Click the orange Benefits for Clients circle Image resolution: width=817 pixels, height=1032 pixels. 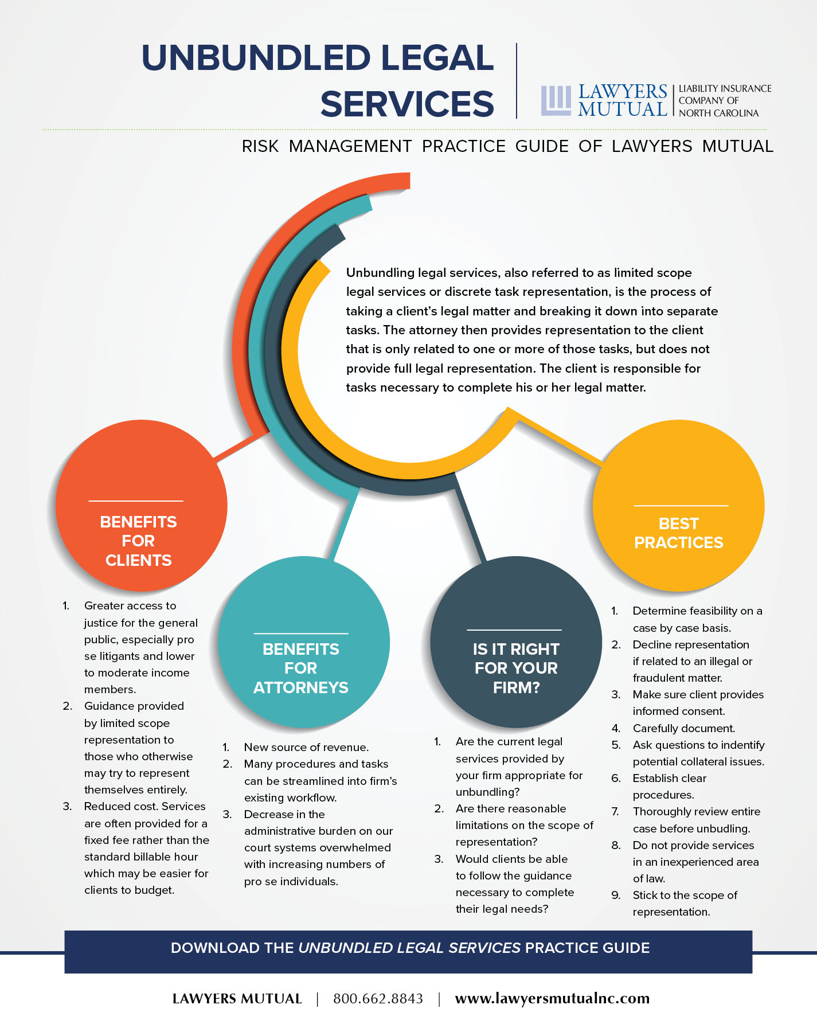[142, 506]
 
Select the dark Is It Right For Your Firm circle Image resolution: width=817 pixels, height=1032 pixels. [516, 642]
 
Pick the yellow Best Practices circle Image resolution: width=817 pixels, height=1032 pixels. [678, 506]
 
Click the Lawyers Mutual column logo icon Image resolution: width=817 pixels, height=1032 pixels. [556, 100]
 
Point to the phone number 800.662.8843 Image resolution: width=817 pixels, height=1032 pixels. [378, 999]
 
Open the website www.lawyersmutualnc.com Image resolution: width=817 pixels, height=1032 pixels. [552, 999]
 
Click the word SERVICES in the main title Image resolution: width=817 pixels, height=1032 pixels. [407, 104]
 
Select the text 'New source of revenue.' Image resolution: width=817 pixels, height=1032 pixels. [306, 747]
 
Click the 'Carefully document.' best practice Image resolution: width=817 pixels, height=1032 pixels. [683, 728]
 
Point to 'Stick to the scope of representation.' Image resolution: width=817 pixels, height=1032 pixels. [685, 904]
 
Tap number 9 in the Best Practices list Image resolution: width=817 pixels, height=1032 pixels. [616, 895]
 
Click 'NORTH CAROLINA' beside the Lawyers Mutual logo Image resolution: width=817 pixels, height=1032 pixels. [718, 113]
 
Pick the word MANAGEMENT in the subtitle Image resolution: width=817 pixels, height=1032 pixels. [350, 146]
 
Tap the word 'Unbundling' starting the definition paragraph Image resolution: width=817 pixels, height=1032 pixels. [380, 273]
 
